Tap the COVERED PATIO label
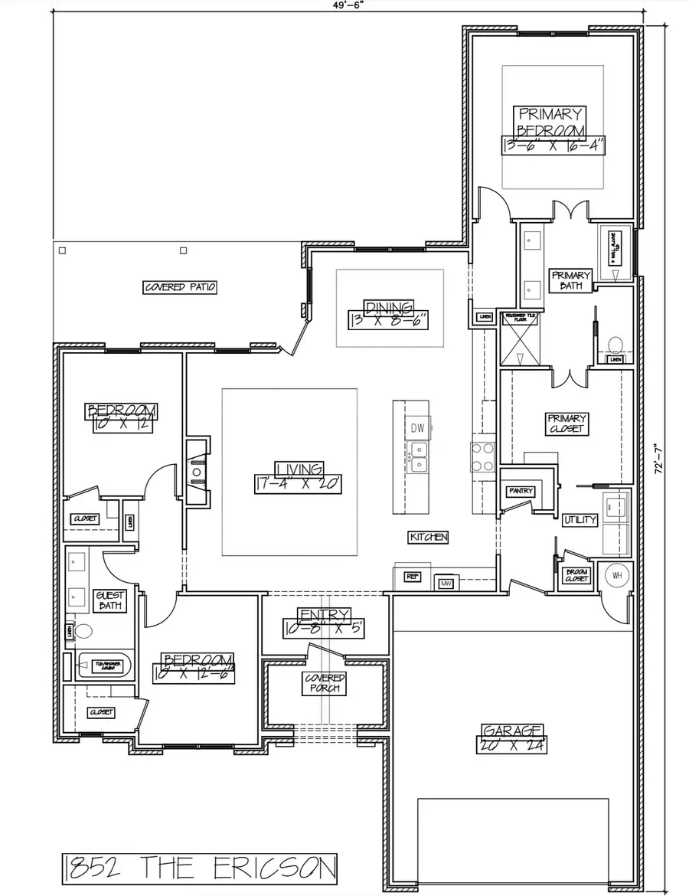point(181,287)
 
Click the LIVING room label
point(299,469)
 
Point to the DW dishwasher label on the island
point(417,427)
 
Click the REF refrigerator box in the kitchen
point(413,577)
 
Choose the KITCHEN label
point(428,538)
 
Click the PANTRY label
point(520,491)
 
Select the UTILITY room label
point(580,520)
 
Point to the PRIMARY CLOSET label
point(566,423)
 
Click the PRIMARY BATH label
point(570,280)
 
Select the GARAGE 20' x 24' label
point(513,737)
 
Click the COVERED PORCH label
point(325,683)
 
